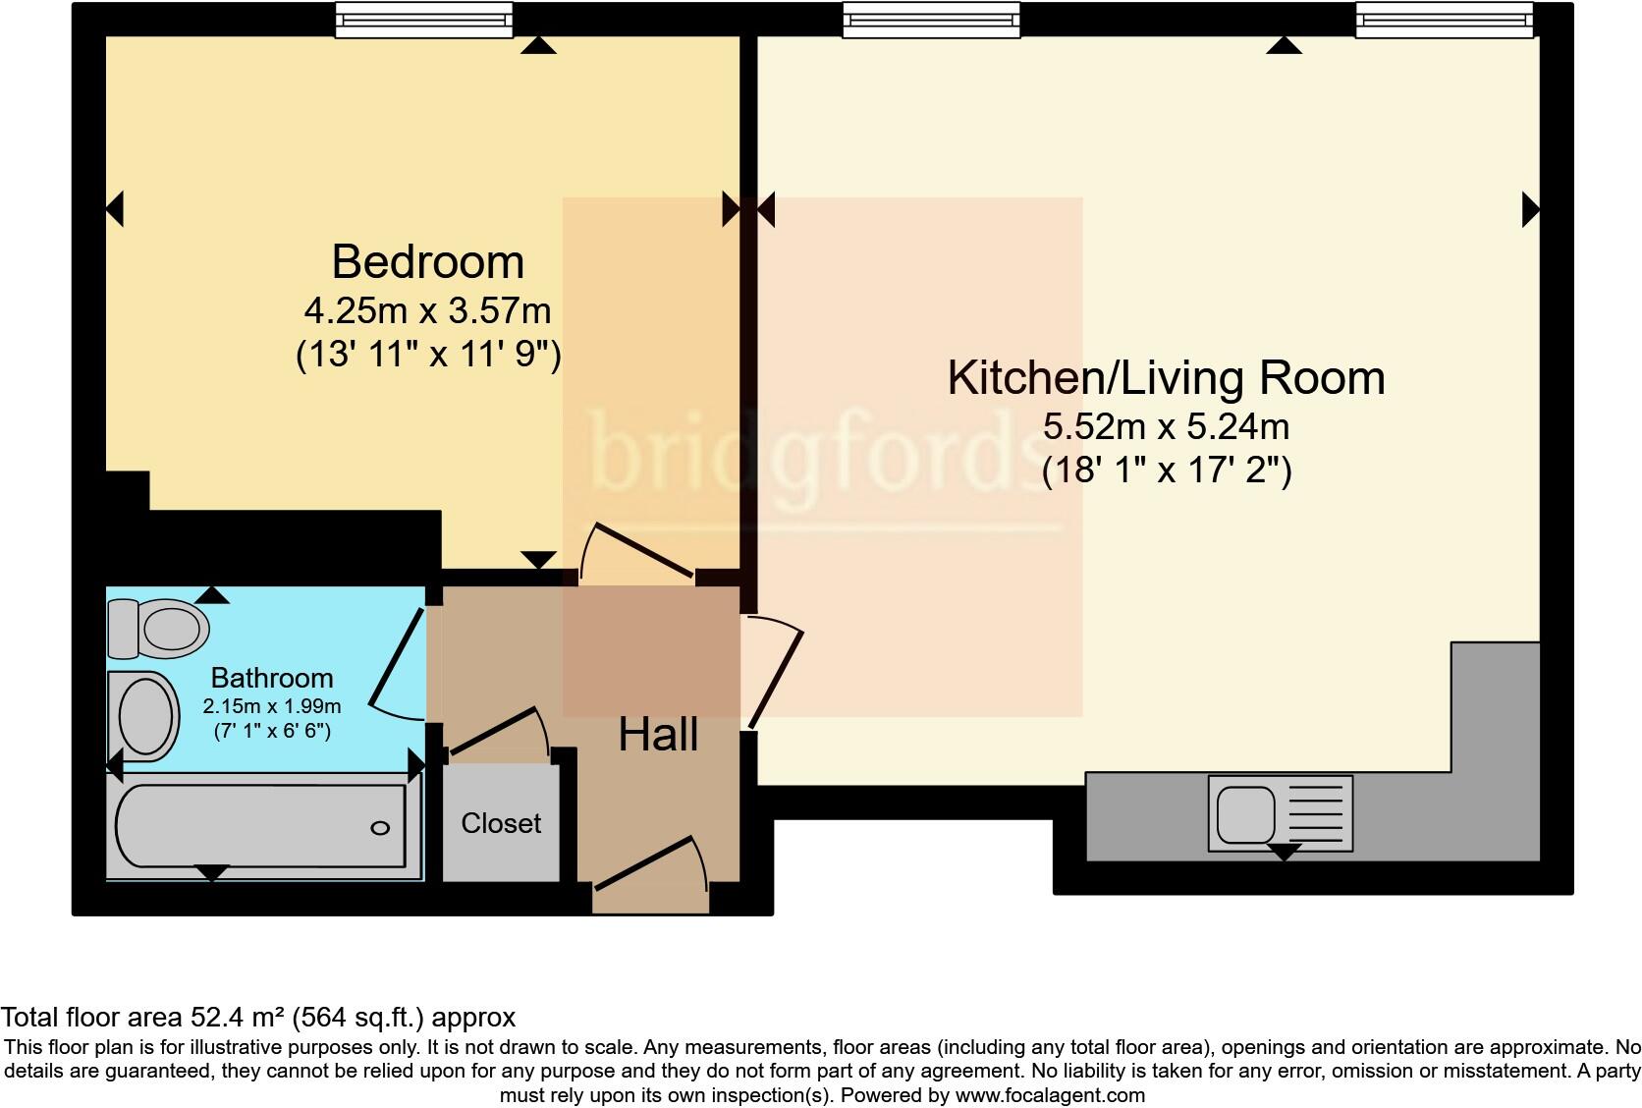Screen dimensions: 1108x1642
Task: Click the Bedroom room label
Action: [x=427, y=262]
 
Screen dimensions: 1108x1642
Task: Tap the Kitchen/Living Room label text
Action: [x=1166, y=378]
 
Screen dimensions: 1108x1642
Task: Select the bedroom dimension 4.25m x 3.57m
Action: [x=427, y=311]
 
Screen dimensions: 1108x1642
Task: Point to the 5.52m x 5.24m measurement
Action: [x=1166, y=427]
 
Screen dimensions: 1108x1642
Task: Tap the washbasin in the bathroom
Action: [x=146, y=716]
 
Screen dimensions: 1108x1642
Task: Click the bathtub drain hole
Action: [x=380, y=828]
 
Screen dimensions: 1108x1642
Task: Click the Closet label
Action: [x=501, y=823]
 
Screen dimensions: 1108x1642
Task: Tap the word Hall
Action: [x=658, y=735]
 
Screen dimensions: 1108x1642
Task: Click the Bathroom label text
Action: [x=272, y=678]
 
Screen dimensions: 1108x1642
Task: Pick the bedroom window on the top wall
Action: [x=423, y=20]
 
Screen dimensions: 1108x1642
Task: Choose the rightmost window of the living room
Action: [x=1444, y=20]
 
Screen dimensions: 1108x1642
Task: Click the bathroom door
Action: [x=399, y=658]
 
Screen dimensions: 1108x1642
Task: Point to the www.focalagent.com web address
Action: [x=1049, y=1094]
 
